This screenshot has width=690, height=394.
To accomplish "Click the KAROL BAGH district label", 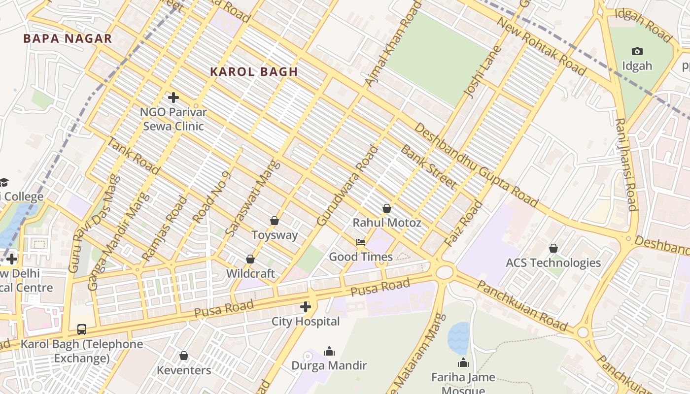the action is point(254,72).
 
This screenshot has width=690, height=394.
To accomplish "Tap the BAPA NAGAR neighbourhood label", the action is point(68,39).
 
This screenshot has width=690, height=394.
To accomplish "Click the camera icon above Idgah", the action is point(637,51).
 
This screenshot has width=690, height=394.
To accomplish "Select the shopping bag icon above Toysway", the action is point(275,221).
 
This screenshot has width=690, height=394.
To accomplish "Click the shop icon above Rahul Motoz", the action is point(387,208).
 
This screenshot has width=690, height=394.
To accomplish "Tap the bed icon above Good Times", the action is point(361,242).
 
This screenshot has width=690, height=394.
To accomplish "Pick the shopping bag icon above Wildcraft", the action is point(250,259).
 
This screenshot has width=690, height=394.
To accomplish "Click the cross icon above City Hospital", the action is point(305,307).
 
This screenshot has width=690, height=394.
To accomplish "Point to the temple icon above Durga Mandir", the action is point(329,351).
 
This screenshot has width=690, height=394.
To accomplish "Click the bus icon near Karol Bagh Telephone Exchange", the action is point(82,329).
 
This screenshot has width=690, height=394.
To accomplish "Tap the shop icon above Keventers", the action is point(184,356).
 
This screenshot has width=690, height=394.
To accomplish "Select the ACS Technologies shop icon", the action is point(553,248).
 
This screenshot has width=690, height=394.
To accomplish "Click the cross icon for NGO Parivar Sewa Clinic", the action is point(173,98).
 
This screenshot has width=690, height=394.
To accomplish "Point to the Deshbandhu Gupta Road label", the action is point(476,164).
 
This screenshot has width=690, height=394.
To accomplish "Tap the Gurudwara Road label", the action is point(348,186).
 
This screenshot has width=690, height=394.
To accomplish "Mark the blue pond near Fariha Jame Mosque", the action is point(458,338).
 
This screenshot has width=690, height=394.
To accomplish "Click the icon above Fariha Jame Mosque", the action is point(463,363).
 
